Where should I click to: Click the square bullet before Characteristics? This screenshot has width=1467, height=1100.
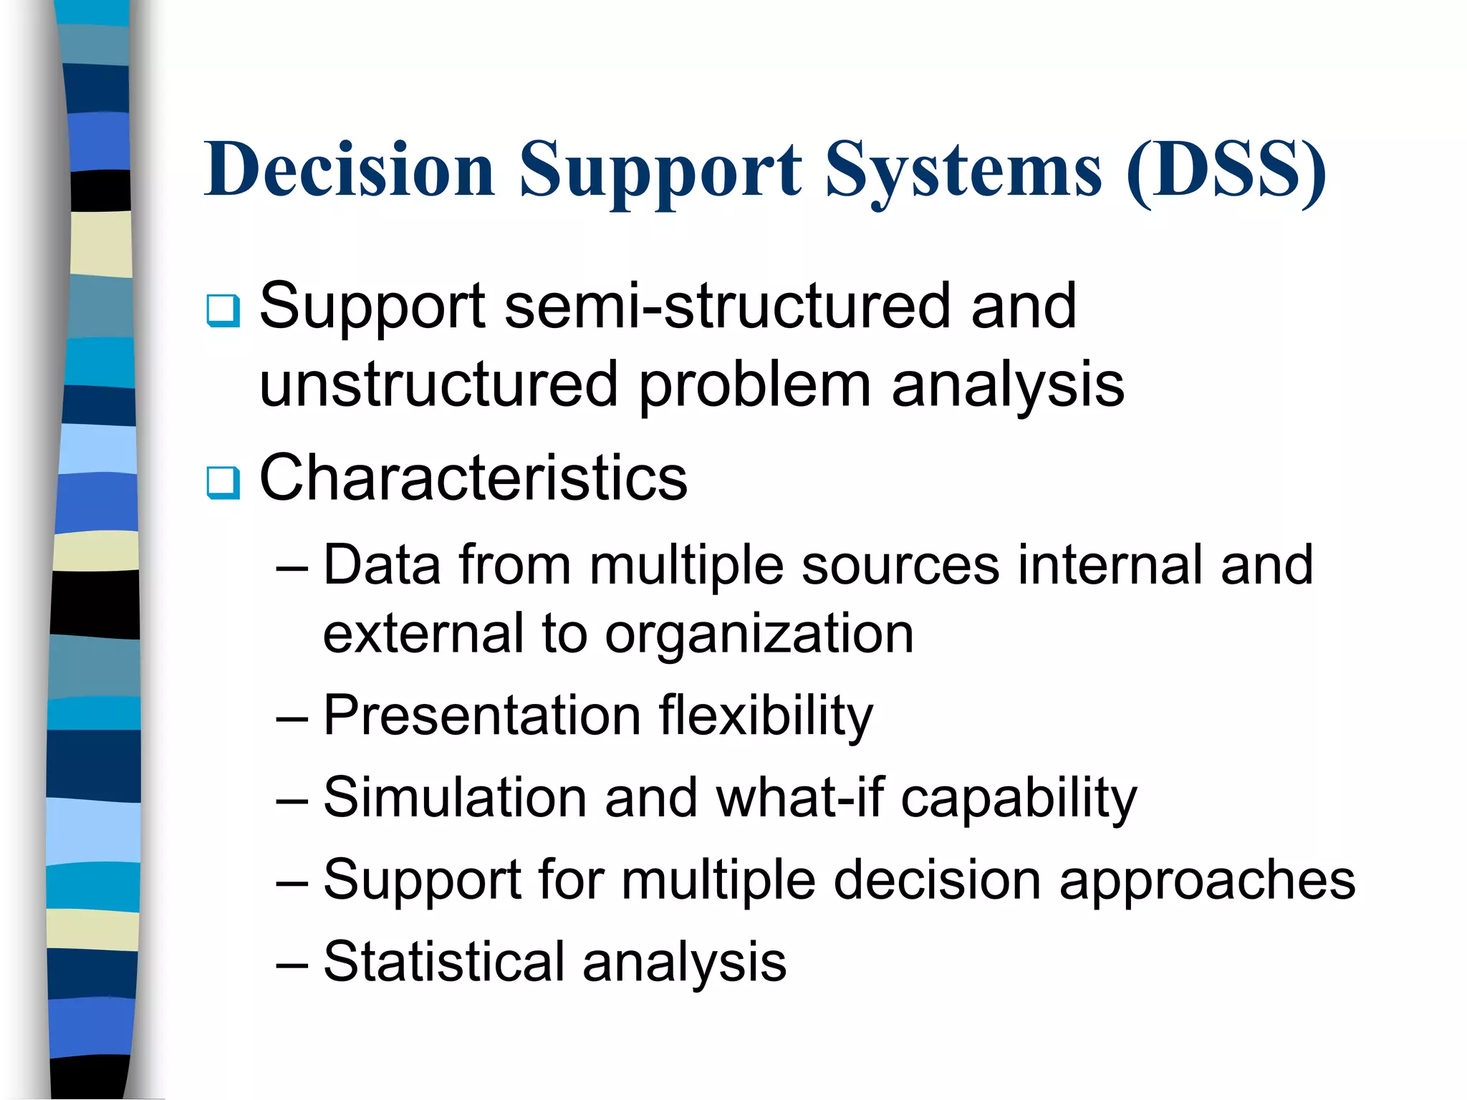223,482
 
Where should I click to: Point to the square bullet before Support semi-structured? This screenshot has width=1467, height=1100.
223,310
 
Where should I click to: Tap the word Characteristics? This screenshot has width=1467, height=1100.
473,478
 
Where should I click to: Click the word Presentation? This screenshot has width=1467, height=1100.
481,715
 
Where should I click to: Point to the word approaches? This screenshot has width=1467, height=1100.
1207,880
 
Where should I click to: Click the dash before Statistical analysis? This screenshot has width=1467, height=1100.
292,964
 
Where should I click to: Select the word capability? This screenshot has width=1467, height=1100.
1018,798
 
